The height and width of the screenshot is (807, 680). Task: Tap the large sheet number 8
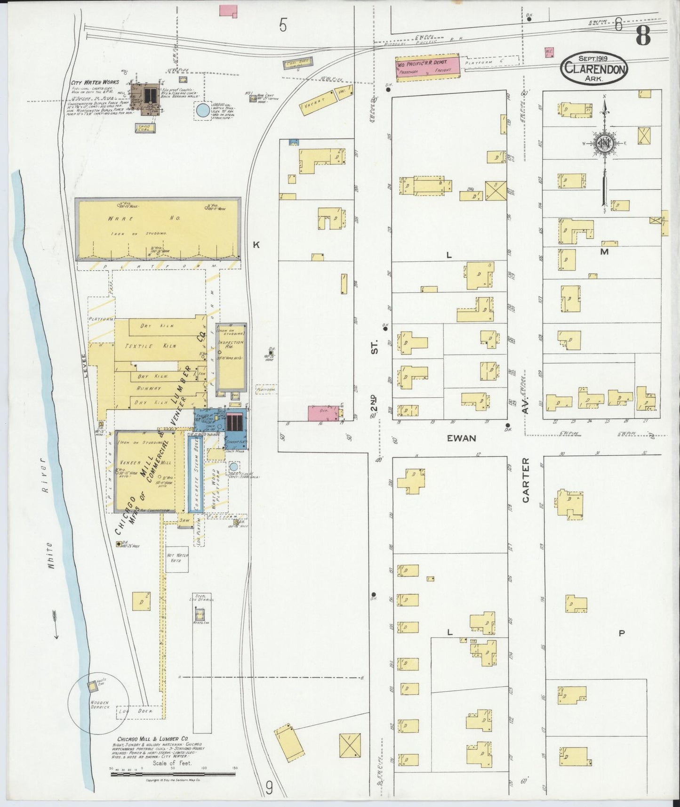click(x=643, y=35)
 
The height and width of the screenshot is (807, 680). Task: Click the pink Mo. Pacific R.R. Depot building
click(x=427, y=67)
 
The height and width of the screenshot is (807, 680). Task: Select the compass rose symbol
click(x=604, y=144)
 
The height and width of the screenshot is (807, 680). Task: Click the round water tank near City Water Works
click(x=203, y=111)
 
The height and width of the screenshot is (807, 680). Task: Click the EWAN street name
click(x=461, y=438)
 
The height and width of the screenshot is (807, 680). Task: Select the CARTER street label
click(x=526, y=480)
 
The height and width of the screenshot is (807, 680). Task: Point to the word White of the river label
click(x=50, y=556)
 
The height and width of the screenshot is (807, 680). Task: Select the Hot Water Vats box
click(x=177, y=558)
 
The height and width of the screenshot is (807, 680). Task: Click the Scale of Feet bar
click(x=173, y=774)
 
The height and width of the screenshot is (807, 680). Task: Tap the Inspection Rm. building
click(x=231, y=358)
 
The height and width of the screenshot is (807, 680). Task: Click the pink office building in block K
click(x=323, y=412)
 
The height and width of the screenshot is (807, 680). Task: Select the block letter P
click(x=622, y=633)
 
